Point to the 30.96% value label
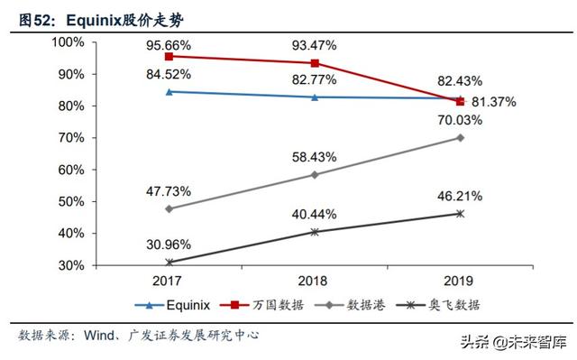pyautogui.click(x=168, y=244)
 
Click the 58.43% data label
pyautogui.click(x=314, y=157)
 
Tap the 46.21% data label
pyautogui.click(x=460, y=195)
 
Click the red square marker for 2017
pyautogui.click(x=168, y=56)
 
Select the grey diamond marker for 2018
pyautogui.click(x=314, y=174)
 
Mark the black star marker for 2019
pyautogui.click(x=460, y=214)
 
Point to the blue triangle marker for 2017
pyautogui.click(x=168, y=91)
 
